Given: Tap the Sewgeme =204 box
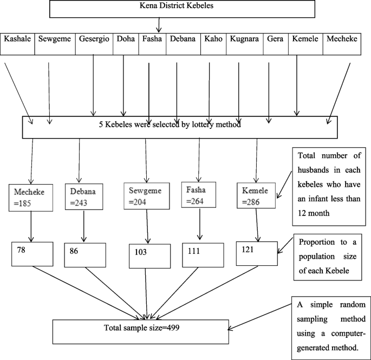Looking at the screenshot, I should (x=146, y=195).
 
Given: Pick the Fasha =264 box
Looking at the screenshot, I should (x=199, y=193).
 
